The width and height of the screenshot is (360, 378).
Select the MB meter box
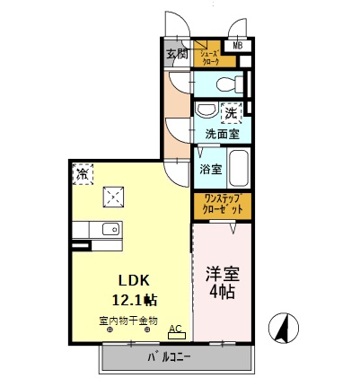pyautogui.click(x=237, y=45)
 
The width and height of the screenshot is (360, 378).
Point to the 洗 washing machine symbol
pyautogui.click(x=231, y=113)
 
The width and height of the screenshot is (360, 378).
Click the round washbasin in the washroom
pyautogui.click(x=205, y=111)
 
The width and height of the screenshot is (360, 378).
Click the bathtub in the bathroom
pyautogui.click(x=238, y=167)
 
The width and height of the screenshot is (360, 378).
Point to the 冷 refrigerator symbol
pyautogui.click(x=83, y=172)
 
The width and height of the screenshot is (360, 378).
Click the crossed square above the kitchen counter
pyautogui.click(x=113, y=195)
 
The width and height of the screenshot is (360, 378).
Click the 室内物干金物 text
pyautogui.click(x=127, y=320)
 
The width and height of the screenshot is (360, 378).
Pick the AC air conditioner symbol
pyautogui.click(x=176, y=330)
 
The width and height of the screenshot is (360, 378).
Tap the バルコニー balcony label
pyautogui.click(x=173, y=359)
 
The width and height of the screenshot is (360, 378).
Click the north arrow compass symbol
pyautogui.click(x=284, y=330)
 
